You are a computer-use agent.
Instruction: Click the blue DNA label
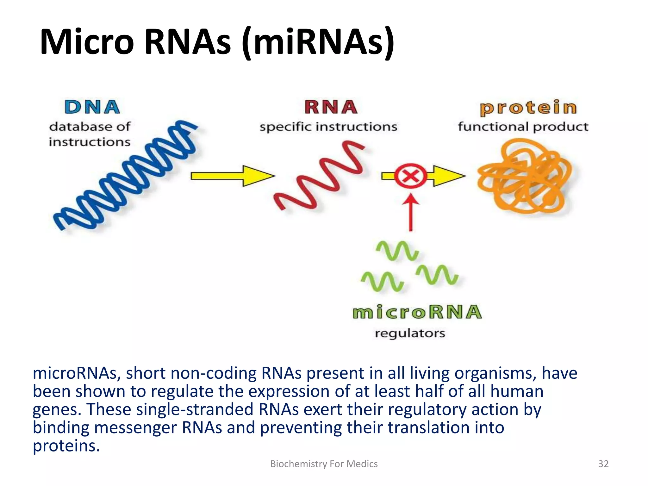pyautogui.click(x=92, y=107)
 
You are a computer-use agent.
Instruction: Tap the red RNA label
pyautogui.click(x=331, y=107)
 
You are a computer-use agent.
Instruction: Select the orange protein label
pyautogui.click(x=528, y=108)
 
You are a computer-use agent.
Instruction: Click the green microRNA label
pyautogui.click(x=417, y=312)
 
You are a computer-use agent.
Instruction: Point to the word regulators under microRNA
pyautogui.click(x=410, y=333)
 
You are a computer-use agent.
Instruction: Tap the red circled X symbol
pyautogui.click(x=410, y=176)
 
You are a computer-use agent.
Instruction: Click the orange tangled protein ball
pyautogui.click(x=525, y=177)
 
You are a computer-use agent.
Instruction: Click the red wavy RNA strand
pyautogui.click(x=320, y=177)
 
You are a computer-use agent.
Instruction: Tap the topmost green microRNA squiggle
pyautogui.click(x=397, y=251)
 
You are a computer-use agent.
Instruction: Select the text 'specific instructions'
pyautogui.click(x=328, y=127)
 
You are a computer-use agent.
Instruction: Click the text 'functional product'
pyautogui.click(x=523, y=127)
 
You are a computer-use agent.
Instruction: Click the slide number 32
pyautogui.click(x=603, y=464)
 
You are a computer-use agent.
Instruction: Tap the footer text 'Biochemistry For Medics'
pyautogui.click(x=324, y=464)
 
